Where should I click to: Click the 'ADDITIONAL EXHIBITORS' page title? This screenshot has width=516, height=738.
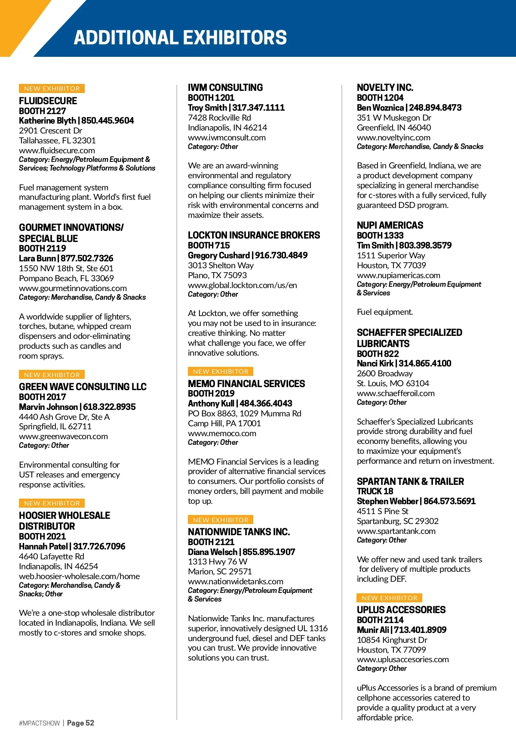pos(180,38)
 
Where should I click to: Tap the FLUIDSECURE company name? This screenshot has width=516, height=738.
pos(48,101)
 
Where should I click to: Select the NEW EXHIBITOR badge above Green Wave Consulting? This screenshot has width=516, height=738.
pos(52,375)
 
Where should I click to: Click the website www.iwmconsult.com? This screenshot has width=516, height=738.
pos(227,137)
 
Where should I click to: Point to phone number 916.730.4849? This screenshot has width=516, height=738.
pos(281,255)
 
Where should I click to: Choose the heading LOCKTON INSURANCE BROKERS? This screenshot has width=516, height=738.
pos(254,235)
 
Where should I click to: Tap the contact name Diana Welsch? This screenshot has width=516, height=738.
pos(212,552)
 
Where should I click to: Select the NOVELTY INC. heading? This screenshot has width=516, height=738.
pos(385,87)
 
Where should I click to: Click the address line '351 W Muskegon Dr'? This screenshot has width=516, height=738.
pos(394,118)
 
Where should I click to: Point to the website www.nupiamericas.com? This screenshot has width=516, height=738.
pos(398,275)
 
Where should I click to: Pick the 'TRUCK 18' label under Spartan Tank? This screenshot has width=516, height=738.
pos(375,491)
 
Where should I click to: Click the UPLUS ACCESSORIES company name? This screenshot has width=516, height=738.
pos(401,610)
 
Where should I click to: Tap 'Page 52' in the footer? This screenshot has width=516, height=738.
pos(80,723)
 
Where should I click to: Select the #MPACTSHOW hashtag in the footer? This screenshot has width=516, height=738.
pos(39,723)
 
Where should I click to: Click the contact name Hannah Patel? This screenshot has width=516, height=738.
pos(43,546)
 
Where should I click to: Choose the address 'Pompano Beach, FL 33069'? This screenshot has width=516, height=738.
pos(66,278)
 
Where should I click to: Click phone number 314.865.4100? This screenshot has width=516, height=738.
pos(425,363)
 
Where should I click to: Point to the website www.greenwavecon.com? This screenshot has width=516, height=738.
pos(63,436)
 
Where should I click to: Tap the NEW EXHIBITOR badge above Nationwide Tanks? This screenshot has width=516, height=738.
pos(221,520)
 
